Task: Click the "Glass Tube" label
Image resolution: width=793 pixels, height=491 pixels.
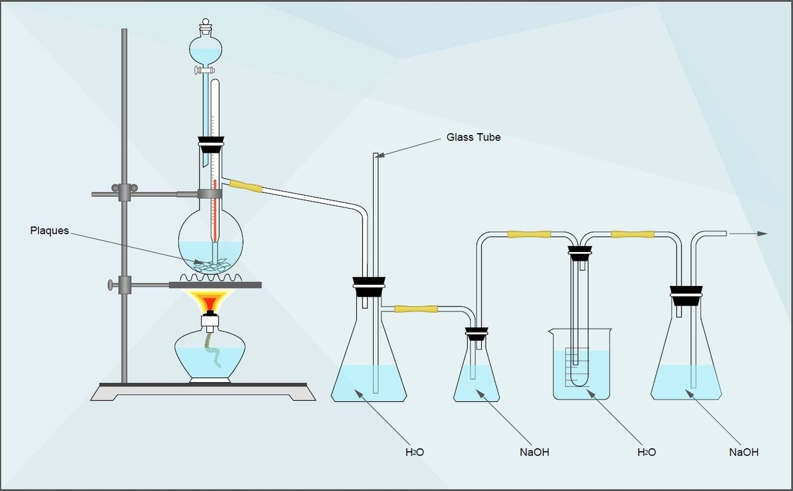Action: point(473,137)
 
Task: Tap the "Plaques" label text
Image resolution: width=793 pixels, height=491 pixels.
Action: point(49,231)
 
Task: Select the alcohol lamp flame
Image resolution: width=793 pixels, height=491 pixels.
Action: point(210,302)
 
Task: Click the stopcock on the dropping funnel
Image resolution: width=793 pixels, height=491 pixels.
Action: point(202,71)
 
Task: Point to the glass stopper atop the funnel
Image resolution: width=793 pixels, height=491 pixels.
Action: point(206,27)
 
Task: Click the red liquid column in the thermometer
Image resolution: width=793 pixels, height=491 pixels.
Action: point(214,211)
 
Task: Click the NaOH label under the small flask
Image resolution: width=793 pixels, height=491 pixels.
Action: point(534,452)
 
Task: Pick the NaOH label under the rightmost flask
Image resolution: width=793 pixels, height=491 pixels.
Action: point(743,452)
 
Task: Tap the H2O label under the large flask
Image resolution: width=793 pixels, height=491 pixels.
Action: point(414,452)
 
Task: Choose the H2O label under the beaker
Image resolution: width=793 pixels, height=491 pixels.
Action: point(646,452)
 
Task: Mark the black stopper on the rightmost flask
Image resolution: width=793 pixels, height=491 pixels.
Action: point(686,297)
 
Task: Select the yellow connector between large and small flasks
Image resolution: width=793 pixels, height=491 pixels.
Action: point(416,308)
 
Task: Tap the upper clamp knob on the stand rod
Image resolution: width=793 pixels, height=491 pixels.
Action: point(115,188)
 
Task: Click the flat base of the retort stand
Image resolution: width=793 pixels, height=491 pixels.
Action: point(202,392)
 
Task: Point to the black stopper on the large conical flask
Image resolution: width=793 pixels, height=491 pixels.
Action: point(369,287)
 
